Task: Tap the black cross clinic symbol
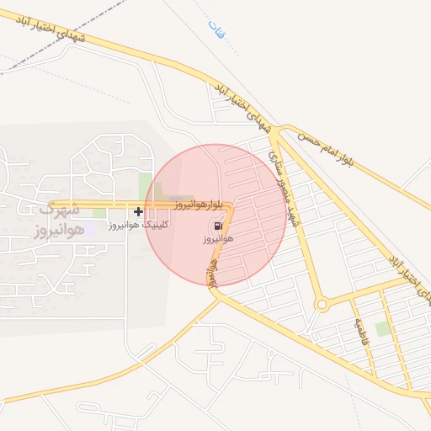tap(138, 211)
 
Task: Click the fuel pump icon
tap(218, 226)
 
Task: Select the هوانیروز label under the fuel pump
tap(217, 240)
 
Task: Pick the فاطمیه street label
tap(363, 335)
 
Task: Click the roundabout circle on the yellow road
tap(321, 304)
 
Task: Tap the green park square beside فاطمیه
tap(383, 328)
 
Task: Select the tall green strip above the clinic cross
tap(146, 186)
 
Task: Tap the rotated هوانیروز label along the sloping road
tap(212, 270)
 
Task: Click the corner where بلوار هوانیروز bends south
tap(231, 205)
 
